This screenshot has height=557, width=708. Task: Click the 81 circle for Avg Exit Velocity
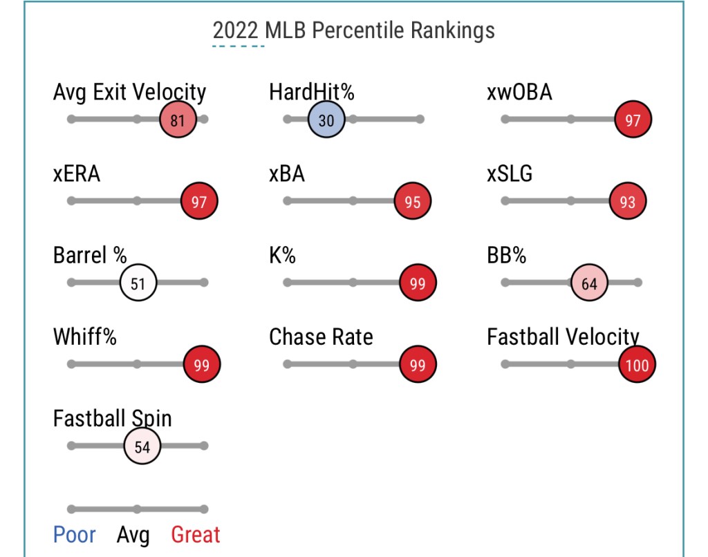pos(178,120)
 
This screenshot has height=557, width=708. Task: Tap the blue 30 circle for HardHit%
pos(326,120)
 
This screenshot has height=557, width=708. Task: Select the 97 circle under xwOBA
pos(633,120)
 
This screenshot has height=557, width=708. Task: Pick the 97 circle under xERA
pos(199,201)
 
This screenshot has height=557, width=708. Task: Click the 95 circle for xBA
pos(412,201)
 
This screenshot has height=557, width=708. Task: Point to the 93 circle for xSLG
pos(627,201)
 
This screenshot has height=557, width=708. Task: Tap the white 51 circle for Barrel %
pos(138,283)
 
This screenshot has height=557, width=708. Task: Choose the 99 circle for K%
pos(418,283)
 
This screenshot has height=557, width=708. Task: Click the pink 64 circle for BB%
pos(589,283)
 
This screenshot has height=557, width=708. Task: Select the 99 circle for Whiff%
pos(202,364)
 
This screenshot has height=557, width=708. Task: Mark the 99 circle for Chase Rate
pos(418,364)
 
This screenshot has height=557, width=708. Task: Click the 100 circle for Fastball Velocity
pos(637,364)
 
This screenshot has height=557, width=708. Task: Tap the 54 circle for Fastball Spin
pos(142,446)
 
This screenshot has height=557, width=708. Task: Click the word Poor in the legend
pos(75,535)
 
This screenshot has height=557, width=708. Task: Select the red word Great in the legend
pos(196,535)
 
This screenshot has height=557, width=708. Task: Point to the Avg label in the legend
pos(133,536)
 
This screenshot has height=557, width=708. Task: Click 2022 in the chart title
pos(235,30)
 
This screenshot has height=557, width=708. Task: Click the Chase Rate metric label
pos(321,337)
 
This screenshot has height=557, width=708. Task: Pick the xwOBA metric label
pos(519,92)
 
